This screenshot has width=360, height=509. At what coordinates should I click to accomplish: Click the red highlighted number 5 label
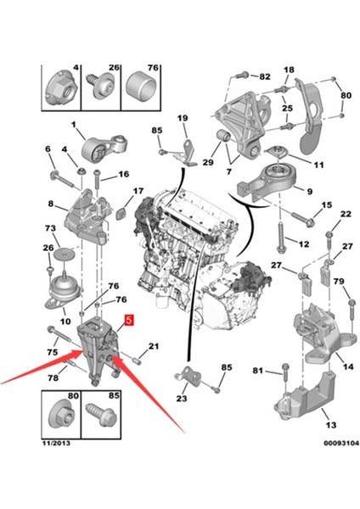[129, 320]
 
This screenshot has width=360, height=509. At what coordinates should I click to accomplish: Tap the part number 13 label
[331, 425]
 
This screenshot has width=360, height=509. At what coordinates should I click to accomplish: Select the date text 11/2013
[56, 443]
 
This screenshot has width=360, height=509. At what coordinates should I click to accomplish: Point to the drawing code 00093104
[341, 443]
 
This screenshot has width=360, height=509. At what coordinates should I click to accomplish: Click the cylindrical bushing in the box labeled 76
[140, 86]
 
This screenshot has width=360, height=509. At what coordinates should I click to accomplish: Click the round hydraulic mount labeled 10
[64, 292]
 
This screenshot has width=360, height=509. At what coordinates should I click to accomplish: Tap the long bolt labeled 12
[281, 237]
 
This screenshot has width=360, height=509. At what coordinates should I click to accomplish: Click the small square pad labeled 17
[121, 215]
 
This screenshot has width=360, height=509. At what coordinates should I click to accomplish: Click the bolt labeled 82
[240, 76]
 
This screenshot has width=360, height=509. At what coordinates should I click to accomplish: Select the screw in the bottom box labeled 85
[101, 417]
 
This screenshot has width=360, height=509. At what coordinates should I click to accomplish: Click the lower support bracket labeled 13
[301, 398]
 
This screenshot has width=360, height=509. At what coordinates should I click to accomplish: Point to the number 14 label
[348, 366]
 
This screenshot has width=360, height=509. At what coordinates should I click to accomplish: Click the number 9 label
[309, 192]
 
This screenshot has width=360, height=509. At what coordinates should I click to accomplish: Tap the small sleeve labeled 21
[137, 361]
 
